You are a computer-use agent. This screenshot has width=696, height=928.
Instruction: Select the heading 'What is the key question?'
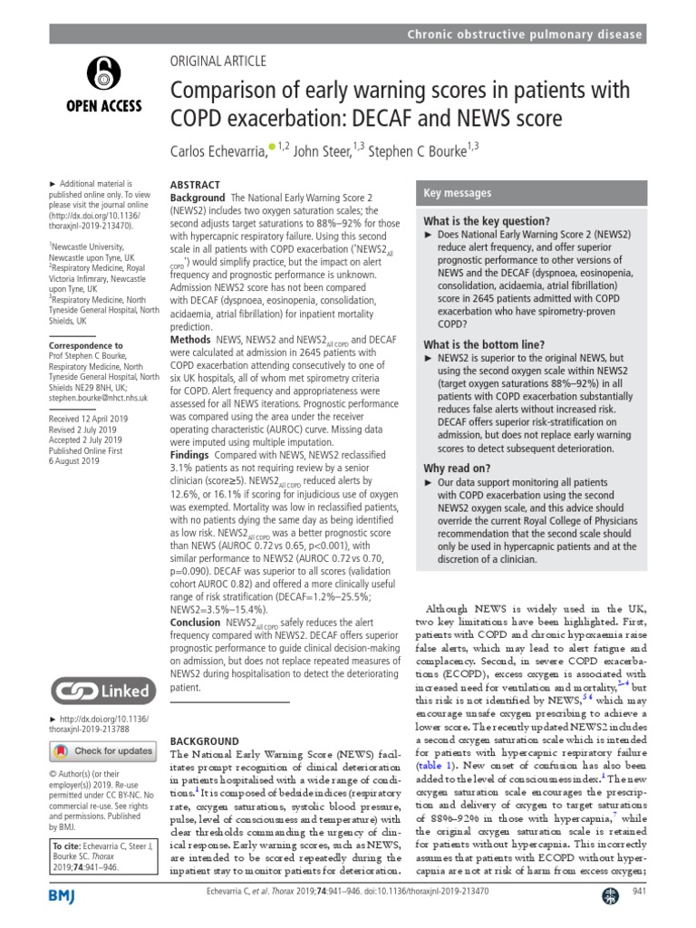(x=487, y=221)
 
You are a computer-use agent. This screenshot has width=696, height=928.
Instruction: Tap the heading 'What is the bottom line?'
(x=484, y=344)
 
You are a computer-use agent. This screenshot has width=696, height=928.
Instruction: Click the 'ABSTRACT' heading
(x=195, y=184)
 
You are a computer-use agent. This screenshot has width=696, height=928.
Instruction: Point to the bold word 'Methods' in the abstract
(x=190, y=339)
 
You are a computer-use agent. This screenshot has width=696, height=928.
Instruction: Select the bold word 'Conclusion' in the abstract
(x=196, y=623)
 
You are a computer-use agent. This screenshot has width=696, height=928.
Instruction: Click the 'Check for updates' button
(x=101, y=750)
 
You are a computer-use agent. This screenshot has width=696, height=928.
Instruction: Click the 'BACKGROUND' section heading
(x=205, y=741)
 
